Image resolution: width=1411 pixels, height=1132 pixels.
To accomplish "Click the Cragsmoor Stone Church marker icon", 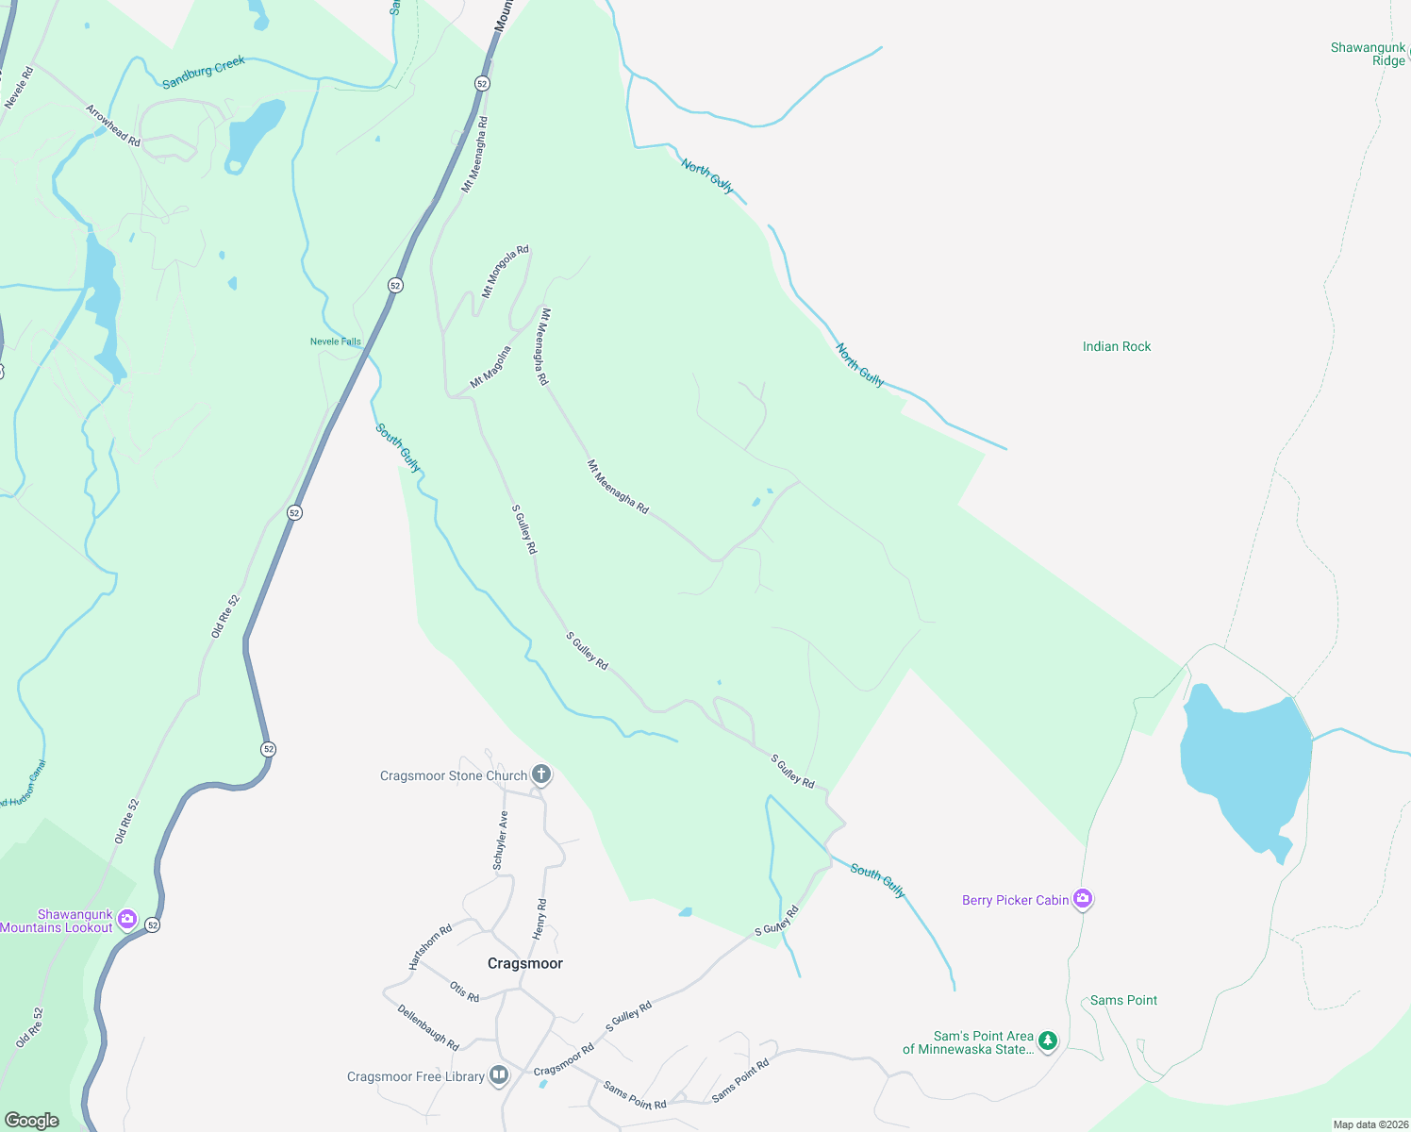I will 541,775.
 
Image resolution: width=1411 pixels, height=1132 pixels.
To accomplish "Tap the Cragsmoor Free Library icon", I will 499,1075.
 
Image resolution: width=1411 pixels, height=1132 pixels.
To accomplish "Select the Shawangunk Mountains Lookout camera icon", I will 127,919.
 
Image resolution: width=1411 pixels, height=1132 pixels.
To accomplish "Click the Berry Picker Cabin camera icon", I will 1083,899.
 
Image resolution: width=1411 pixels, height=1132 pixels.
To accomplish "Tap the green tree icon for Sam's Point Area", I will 1047,1041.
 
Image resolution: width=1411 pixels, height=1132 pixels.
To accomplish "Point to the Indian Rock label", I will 1117,346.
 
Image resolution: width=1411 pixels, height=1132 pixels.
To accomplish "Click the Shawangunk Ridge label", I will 1369,54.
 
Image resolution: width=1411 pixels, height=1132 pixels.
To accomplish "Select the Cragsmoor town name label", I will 525,963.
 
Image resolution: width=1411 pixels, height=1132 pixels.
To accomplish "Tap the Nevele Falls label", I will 336,341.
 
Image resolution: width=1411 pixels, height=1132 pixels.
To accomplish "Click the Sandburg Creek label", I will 204,73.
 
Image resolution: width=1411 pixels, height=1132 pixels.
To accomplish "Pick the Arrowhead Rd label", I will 113,125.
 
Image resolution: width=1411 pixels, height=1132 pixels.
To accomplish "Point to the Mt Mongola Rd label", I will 506,272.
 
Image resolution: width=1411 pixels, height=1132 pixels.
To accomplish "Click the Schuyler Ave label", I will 501,841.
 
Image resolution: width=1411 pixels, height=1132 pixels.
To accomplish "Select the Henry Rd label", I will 540,919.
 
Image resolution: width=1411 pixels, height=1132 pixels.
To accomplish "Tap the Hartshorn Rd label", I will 431,946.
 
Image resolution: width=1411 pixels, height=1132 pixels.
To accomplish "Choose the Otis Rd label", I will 465,991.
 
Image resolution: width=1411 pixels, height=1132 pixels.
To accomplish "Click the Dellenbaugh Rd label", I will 428,1027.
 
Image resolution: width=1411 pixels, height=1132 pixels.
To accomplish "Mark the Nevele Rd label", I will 19,88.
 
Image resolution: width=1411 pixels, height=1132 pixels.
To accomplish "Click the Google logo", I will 32,1121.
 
